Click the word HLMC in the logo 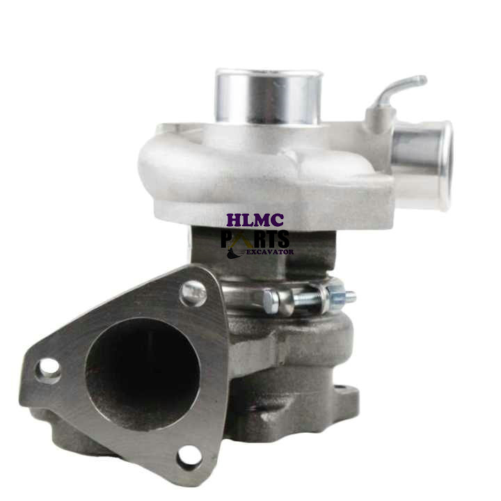(x=256, y=221)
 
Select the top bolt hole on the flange (x=193, y=293)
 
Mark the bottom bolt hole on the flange (x=186, y=455)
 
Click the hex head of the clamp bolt (x=271, y=300)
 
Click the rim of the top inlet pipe (x=268, y=74)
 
